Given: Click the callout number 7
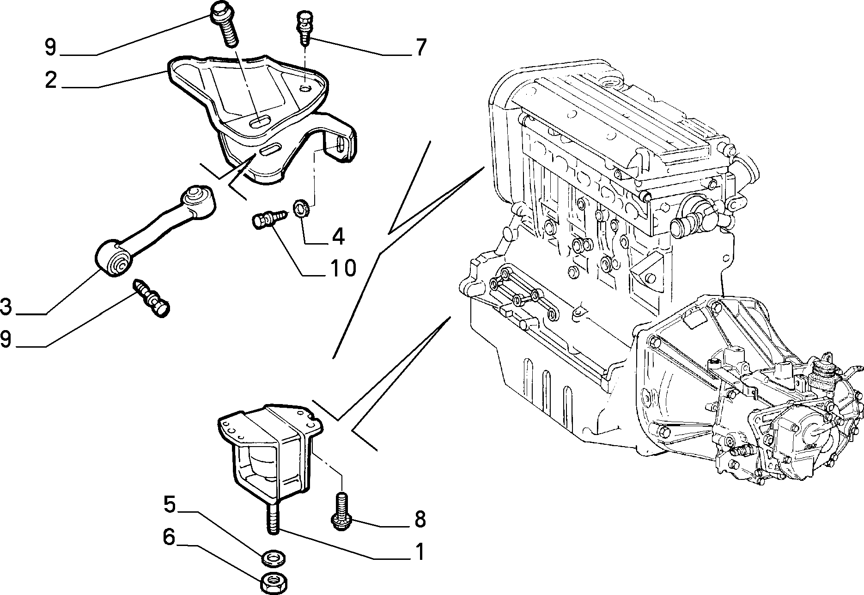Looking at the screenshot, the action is coord(420,48).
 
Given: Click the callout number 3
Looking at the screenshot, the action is coord(6,307).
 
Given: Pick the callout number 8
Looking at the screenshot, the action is coord(420,519).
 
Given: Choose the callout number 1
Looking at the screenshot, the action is coord(420,551).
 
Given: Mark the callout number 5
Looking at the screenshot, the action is coord(170,504).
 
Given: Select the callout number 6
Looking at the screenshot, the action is coord(170,537).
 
